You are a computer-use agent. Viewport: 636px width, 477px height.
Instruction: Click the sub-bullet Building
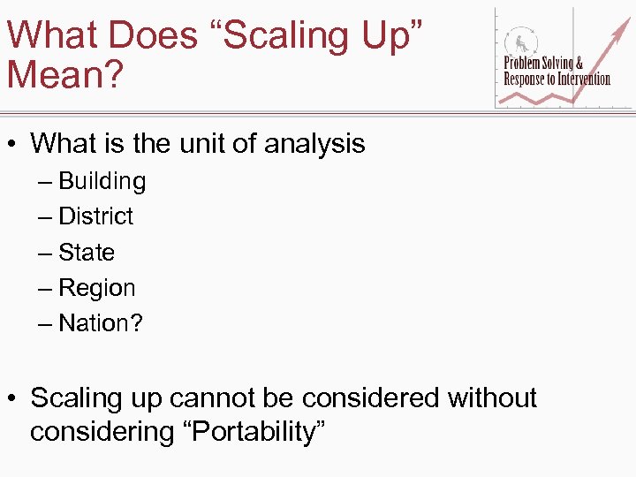point(102,181)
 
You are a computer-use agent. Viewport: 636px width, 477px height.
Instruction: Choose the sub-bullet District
point(95,216)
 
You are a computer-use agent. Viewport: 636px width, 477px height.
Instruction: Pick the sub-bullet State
point(87,253)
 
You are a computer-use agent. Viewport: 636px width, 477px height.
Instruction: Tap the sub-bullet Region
point(97,288)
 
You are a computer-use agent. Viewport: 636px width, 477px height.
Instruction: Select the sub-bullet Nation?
point(100,323)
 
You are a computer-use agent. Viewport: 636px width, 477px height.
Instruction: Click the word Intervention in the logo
point(583,79)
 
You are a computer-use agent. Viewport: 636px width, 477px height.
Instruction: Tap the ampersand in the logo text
point(579,63)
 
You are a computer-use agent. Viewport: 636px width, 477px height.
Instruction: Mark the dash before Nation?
point(45,323)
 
